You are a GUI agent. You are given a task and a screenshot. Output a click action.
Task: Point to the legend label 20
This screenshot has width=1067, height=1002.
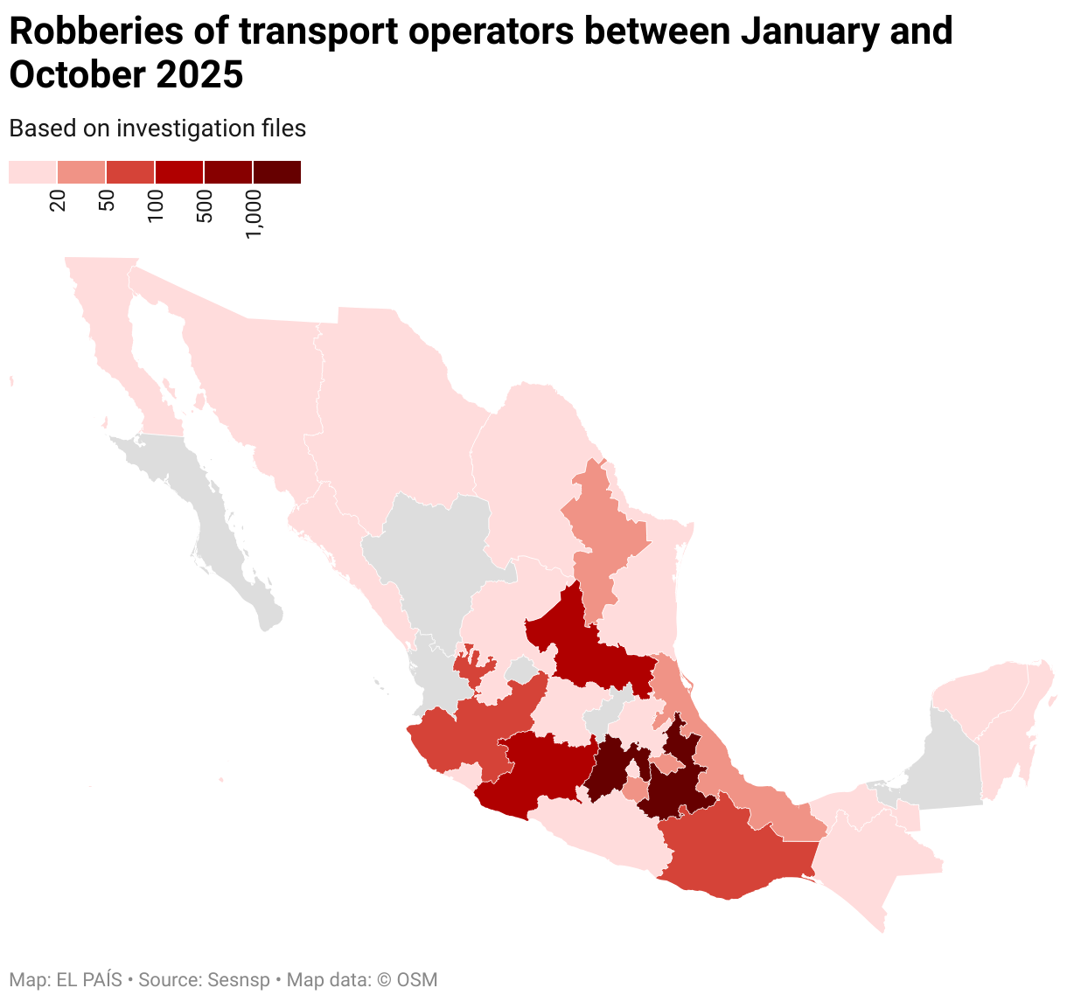(x=58, y=201)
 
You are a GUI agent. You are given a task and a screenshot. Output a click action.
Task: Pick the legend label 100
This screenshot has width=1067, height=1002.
(x=156, y=205)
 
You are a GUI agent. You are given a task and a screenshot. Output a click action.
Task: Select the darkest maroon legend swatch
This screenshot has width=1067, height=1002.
(x=277, y=172)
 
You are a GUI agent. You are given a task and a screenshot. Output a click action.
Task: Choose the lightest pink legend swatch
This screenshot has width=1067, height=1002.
(x=32, y=172)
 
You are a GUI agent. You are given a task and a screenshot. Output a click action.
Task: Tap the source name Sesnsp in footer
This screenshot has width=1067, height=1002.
(x=239, y=980)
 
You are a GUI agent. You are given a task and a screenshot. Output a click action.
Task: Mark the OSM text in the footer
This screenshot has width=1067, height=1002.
(x=418, y=980)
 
